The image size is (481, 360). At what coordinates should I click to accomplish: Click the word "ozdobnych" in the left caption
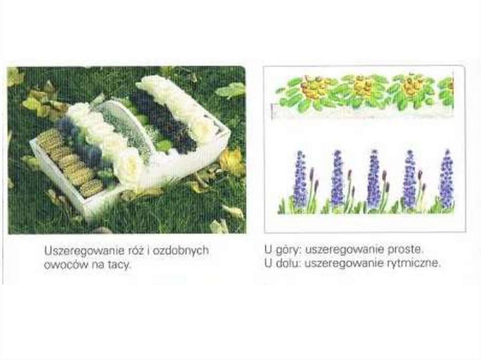181,251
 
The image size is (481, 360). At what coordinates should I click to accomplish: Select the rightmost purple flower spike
447,178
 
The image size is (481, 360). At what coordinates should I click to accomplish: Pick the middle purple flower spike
373,178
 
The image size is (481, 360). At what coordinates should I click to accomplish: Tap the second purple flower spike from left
337,178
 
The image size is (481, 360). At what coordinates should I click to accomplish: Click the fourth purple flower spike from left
410,178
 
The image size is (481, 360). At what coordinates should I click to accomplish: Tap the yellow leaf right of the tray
232,161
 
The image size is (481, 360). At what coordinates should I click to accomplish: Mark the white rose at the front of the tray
129,167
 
